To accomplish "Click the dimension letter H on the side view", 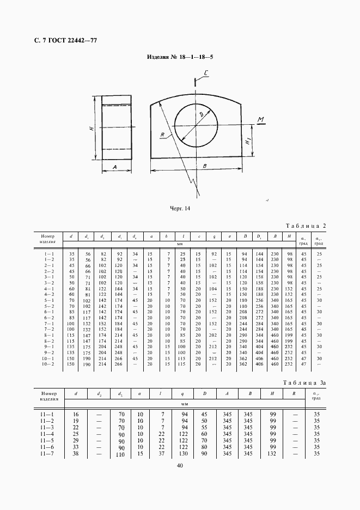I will coord(93,128).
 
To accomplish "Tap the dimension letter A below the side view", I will coord(115,168).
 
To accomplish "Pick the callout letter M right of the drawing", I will coord(261,119).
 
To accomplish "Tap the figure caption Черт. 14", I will coord(180,208).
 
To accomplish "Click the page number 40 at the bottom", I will coord(180,465).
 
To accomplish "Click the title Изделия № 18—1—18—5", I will coord(180,57).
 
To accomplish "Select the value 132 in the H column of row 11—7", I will coord(271,453).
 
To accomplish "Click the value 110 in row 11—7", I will coord(120,454).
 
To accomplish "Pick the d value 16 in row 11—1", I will coord(75,414).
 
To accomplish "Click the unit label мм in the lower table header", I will coord(184,404).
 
